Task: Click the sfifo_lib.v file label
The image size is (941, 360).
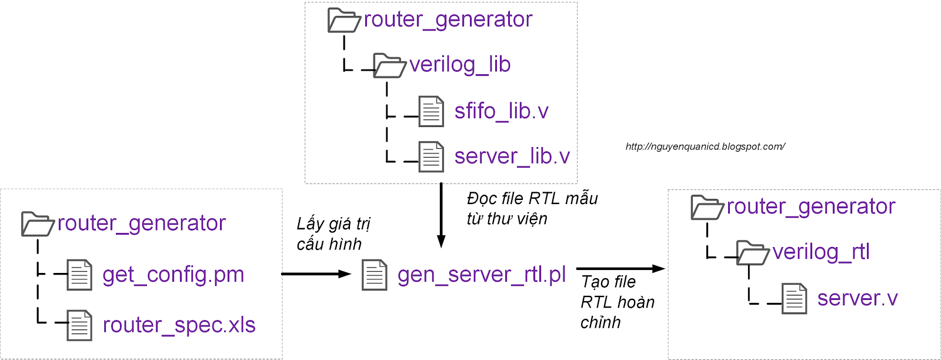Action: (x=501, y=111)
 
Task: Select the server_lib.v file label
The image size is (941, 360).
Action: (x=512, y=156)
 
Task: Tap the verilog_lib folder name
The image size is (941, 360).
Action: (x=459, y=65)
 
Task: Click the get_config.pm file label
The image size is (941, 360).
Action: (x=173, y=275)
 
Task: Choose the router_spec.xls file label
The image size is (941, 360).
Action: (x=179, y=325)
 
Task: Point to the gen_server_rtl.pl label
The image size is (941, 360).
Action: (x=481, y=275)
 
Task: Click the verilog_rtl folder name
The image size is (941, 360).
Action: (x=820, y=252)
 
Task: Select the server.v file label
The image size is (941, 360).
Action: (x=857, y=299)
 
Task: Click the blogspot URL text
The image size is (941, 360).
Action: (x=705, y=146)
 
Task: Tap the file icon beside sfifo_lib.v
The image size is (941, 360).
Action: (x=431, y=111)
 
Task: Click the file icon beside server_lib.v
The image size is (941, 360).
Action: (x=431, y=156)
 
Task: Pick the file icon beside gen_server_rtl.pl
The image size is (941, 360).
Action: (x=375, y=275)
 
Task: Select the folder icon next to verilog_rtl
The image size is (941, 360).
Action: (x=752, y=253)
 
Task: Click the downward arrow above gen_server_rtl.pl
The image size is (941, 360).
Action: (x=441, y=215)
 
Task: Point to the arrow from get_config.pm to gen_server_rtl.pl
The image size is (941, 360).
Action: (x=316, y=274)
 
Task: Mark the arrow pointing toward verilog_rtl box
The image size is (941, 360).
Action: (x=620, y=269)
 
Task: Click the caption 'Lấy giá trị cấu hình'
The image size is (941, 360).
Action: (x=333, y=234)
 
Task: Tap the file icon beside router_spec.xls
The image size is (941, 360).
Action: (x=79, y=325)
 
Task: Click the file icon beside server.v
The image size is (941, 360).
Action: (x=794, y=298)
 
